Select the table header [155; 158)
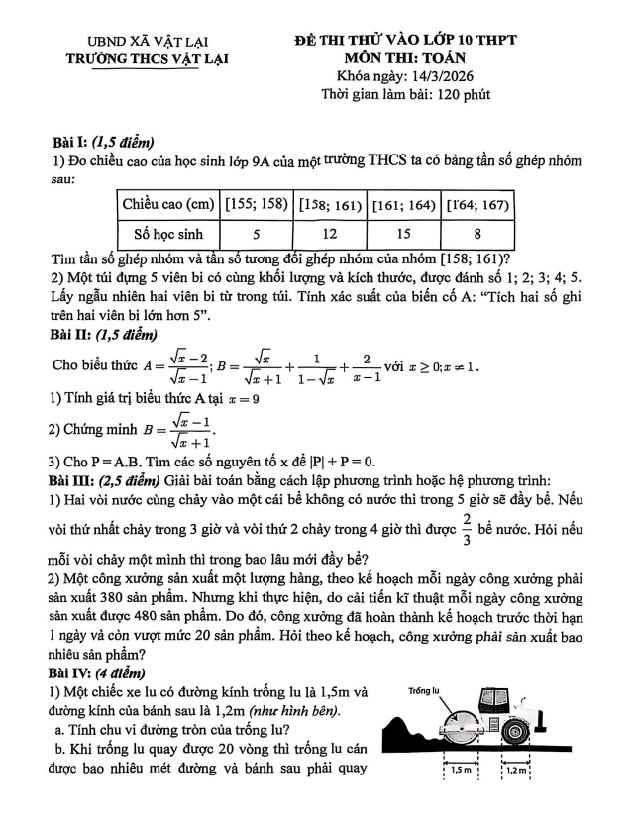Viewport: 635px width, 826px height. pyautogui.click(x=256, y=205)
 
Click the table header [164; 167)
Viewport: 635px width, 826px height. pyautogui.click(x=476, y=205)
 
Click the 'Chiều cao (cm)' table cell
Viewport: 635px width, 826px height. pyautogui.click(x=167, y=205)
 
